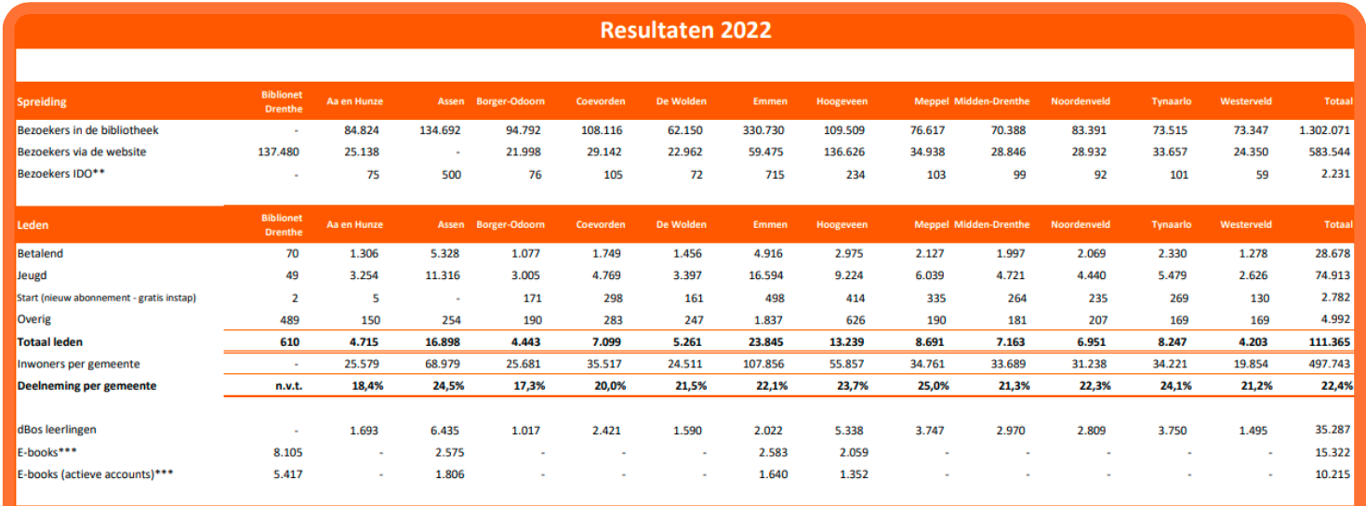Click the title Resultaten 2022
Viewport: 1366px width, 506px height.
click(x=684, y=29)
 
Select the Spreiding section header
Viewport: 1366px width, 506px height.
click(x=42, y=101)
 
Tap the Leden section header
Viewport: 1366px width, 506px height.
click(x=33, y=224)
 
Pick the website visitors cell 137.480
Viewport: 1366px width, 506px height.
click(x=278, y=152)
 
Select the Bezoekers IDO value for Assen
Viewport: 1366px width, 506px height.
click(x=450, y=174)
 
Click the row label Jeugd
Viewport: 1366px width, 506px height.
click(x=32, y=275)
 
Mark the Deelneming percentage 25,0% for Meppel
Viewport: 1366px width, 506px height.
click(x=930, y=385)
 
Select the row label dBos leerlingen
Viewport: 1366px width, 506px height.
click(x=57, y=430)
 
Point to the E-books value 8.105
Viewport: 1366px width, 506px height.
click(x=285, y=452)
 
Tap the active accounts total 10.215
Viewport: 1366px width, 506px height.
click(x=1332, y=474)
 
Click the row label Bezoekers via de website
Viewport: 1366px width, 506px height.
click(x=82, y=152)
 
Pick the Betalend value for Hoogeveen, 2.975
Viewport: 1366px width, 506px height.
click(x=848, y=253)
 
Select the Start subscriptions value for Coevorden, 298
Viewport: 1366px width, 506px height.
click(x=612, y=298)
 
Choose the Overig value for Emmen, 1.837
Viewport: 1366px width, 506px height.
click(x=770, y=320)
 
